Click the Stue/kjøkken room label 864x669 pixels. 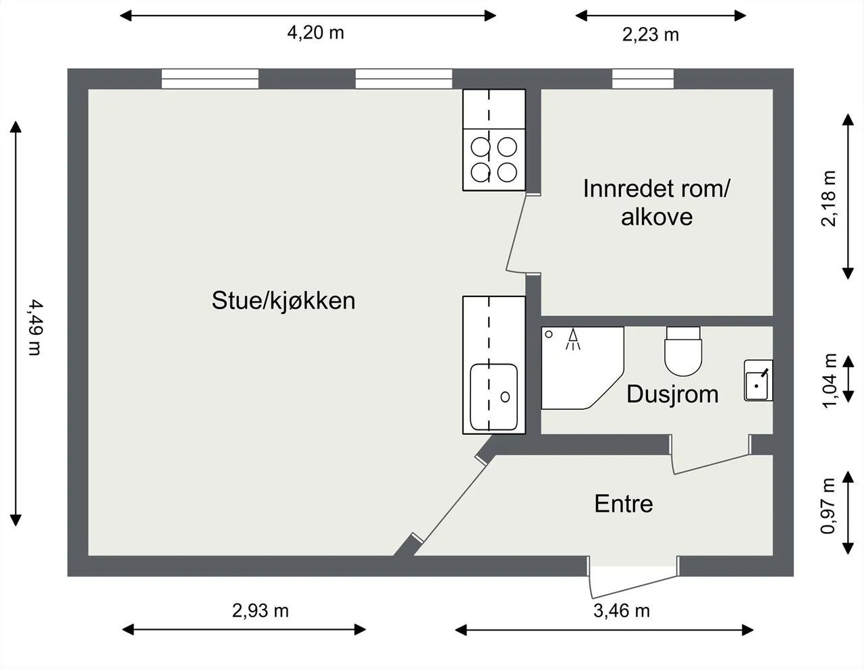[x=283, y=301]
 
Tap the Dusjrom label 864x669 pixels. [x=672, y=395]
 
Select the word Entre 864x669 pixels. [x=624, y=504]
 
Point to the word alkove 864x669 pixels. [x=657, y=217]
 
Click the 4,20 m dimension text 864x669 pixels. [x=315, y=32]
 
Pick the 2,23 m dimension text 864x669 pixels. [x=651, y=35]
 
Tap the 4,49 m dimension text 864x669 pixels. [x=36, y=327]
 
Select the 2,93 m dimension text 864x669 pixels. [x=261, y=610]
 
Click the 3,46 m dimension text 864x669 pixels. [x=622, y=610]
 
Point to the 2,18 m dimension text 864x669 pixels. [x=830, y=198]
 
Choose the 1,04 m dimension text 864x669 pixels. [x=830, y=381]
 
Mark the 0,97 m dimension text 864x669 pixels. [x=829, y=506]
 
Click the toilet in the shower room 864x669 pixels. [x=683, y=352]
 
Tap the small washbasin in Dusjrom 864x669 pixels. [x=759, y=380]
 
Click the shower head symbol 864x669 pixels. [x=573, y=340]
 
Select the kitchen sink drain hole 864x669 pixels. [x=505, y=397]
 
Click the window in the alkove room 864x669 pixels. [x=643, y=79]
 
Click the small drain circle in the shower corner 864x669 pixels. [x=549, y=334]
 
